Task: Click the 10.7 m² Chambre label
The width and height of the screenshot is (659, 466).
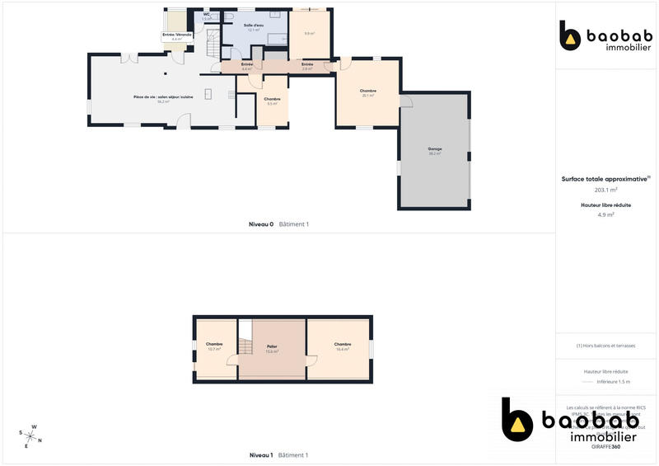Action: (214, 346)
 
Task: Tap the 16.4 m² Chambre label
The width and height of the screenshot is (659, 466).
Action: (343, 346)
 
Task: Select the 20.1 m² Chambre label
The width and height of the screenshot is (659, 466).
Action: (367, 92)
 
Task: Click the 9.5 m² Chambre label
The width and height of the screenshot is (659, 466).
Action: (272, 101)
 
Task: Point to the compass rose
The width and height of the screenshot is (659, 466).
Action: (30, 435)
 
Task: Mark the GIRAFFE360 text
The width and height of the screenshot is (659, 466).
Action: (605, 446)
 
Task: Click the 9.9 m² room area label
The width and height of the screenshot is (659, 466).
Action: (309, 33)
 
